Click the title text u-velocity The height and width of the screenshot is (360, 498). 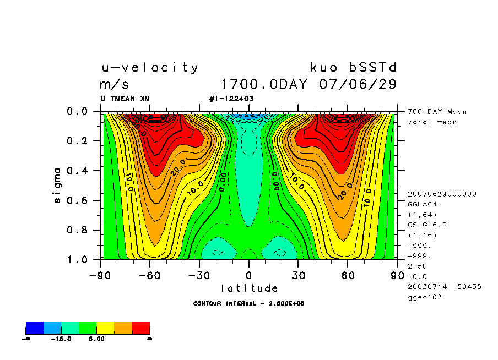coord(149,68)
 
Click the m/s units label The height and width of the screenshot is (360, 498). coord(114,85)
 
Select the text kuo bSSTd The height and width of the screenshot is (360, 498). coord(353,68)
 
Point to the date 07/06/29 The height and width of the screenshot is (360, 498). coord(358,85)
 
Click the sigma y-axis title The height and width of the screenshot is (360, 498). coord(58,185)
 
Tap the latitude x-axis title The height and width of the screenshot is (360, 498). coord(250,288)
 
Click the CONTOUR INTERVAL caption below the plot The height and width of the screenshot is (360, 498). coord(249,303)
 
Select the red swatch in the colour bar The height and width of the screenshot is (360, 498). coord(141,328)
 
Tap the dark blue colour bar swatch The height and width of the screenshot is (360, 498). coord(35,328)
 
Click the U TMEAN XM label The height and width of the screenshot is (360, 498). coord(124,99)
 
